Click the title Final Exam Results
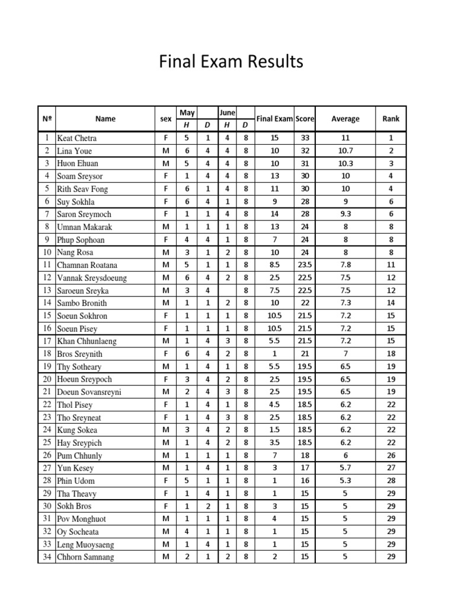(x=231, y=62)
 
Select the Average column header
(x=345, y=119)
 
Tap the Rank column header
(x=391, y=119)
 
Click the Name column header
(x=105, y=119)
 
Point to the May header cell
(x=187, y=113)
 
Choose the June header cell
(x=227, y=113)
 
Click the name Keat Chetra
(x=76, y=138)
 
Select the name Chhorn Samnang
(x=85, y=557)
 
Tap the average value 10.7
(x=345, y=151)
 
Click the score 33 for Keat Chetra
(x=305, y=138)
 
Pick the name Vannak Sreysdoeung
(x=92, y=278)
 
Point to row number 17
(x=46, y=341)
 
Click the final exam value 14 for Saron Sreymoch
(x=274, y=214)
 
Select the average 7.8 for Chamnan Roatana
(x=345, y=265)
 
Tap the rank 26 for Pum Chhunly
(x=391, y=456)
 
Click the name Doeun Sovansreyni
(x=89, y=392)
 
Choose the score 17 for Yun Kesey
(x=305, y=468)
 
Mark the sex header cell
(x=166, y=119)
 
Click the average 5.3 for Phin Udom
(x=345, y=481)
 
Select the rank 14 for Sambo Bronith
(x=391, y=303)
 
